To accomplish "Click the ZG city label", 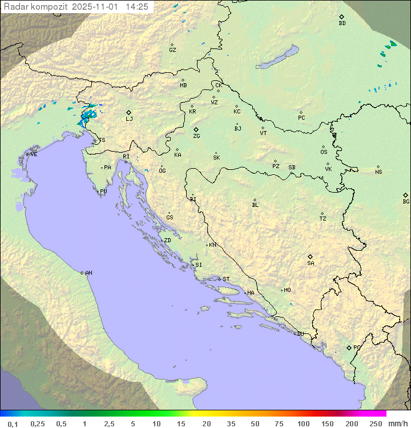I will (196, 136).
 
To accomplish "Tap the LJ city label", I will (129, 119).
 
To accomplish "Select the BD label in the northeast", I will (342, 23).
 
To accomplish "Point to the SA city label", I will (311, 263).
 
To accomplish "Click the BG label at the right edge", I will (406, 201).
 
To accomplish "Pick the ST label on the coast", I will (226, 279).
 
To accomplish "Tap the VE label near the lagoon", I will (34, 154).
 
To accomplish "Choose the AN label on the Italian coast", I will (88, 273).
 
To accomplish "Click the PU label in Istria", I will (103, 191).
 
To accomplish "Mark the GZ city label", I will (172, 50).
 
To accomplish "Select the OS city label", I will (324, 152).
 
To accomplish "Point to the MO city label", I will (287, 290).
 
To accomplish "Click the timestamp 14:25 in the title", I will (137, 7).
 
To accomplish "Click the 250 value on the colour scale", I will (376, 423).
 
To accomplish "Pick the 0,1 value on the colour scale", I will (13, 423).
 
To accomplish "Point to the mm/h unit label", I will (397, 423).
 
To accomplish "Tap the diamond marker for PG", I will (349, 347).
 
